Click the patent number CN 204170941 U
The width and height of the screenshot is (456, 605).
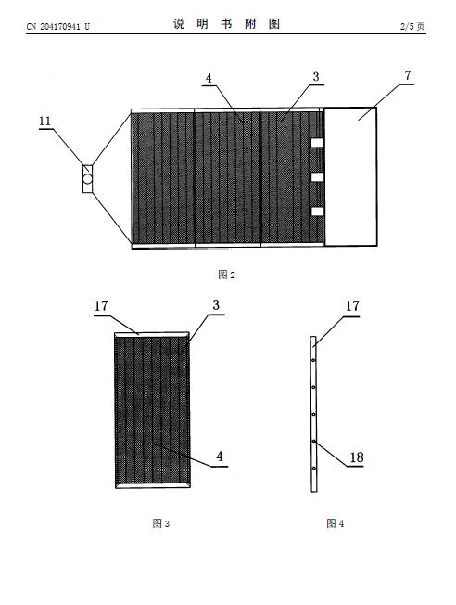point(57,27)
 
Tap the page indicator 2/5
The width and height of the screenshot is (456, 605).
point(407,26)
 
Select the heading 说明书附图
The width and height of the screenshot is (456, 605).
point(226,24)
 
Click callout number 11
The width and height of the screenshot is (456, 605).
point(45,122)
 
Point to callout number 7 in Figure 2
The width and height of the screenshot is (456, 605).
point(408,76)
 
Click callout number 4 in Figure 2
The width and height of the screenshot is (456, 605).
point(209,78)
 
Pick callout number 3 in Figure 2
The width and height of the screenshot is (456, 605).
point(316,77)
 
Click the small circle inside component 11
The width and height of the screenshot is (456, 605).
point(88,179)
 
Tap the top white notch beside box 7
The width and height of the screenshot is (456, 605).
point(317,143)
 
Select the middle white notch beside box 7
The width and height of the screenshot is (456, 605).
point(317,177)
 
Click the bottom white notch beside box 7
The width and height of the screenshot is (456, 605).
point(317,212)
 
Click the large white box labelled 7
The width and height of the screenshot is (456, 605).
point(350,176)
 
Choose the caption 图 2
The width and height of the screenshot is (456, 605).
point(227,275)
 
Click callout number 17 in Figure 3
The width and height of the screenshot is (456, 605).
point(101,306)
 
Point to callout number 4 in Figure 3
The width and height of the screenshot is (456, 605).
point(220,457)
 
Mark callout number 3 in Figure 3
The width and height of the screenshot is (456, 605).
point(216,305)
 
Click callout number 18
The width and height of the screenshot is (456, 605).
point(357,457)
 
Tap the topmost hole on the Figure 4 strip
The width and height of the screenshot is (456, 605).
point(314,360)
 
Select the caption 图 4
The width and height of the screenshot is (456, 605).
point(335,523)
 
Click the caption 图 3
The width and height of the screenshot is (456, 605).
point(160,523)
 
